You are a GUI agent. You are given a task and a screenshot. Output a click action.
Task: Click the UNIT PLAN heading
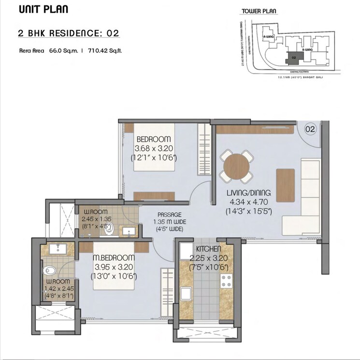tap(43, 10)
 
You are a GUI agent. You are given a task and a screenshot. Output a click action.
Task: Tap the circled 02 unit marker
tap(310, 129)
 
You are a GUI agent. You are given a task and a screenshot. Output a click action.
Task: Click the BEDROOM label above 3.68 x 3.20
tap(153, 139)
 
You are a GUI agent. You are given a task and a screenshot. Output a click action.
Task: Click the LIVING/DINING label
tap(248, 193)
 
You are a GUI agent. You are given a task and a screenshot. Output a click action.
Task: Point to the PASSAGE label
tap(169, 214)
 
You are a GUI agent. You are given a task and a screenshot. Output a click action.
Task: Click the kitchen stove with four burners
tap(226, 281)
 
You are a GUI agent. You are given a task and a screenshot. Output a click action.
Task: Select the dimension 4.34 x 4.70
tap(248, 202)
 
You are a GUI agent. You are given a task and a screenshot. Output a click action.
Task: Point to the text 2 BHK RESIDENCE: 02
tap(68, 33)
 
